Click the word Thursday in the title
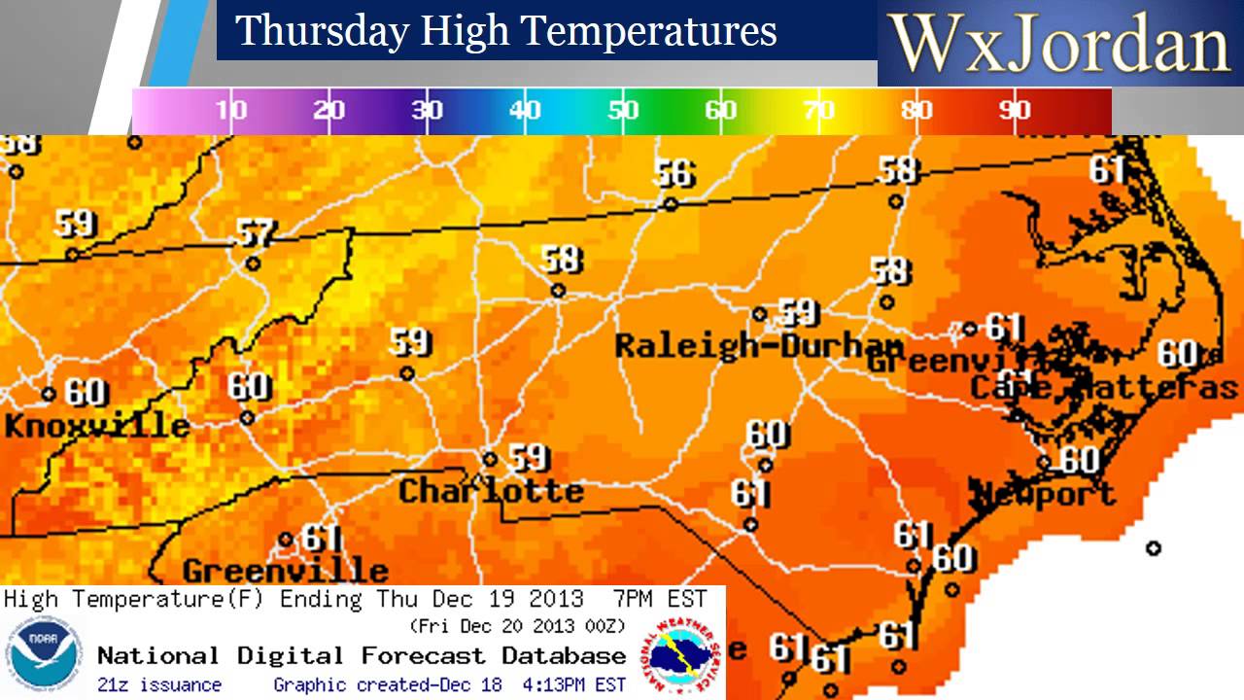(x=322, y=31)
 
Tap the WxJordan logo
(x=1060, y=44)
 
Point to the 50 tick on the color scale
(x=623, y=110)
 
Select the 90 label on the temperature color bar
(x=1014, y=110)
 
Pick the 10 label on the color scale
(x=231, y=110)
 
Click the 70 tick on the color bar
(x=819, y=110)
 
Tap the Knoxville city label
(x=96, y=426)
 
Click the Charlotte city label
(x=491, y=490)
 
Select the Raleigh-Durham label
(x=759, y=345)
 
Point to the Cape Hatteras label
(x=1104, y=387)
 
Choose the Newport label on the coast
(x=1044, y=494)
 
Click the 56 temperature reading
(x=674, y=174)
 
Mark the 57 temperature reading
(x=257, y=233)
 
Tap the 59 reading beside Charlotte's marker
(x=530, y=457)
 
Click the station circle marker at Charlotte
(x=491, y=460)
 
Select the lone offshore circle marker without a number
(x=1154, y=548)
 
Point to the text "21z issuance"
(x=159, y=685)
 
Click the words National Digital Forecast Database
(x=362, y=655)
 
